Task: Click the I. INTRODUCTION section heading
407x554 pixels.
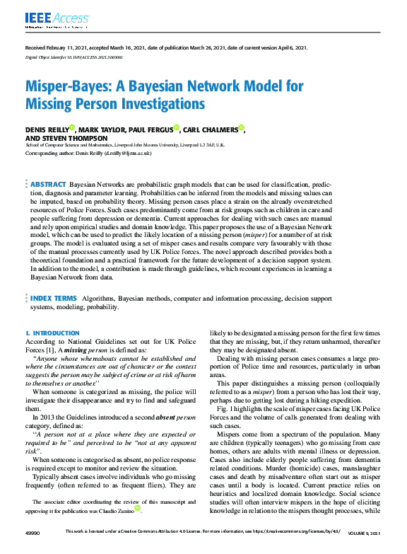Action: pyautogui.click(x=52, y=333)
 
